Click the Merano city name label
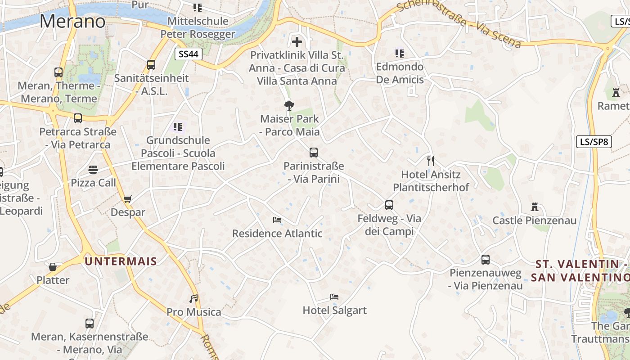click(x=72, y=21)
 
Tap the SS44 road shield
click(x=189, y=54)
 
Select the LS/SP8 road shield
click(x=594, y=142)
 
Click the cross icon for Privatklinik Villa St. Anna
click(x=297, y=42)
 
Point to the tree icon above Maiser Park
click(x=289, y=106)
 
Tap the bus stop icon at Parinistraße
click(x=314, y=153)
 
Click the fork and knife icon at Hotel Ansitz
click(x=431, y=161)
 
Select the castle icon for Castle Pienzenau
click(x=535, y=207)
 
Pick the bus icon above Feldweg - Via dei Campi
click(x=389, y=205)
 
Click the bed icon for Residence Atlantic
click(x=277, y=220)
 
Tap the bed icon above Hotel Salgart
click(x=334, y=297)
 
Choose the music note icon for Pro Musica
click(x=193, y=298)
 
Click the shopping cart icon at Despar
click(x=128, y=199)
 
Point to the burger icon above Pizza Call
click(x=93, y=170)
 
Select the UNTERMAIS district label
click(x=121, y=261)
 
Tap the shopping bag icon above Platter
click(x=53, y=267)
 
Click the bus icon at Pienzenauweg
click(x=485, y=259)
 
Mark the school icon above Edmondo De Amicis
click(x=399, y=54)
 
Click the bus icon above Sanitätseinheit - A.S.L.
click(x=151, y=65)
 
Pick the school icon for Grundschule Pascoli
click(x=178, y=127)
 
